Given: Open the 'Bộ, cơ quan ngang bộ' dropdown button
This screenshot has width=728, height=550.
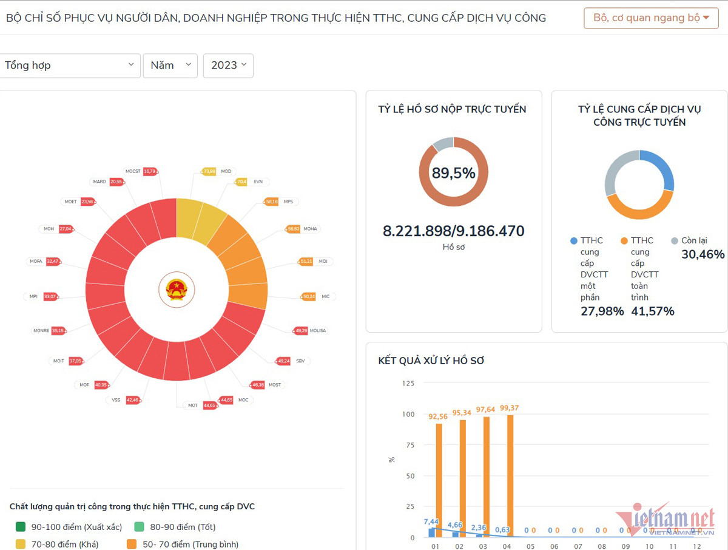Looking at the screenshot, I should [651, 18].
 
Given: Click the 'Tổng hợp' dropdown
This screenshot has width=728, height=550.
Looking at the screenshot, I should [70, 66].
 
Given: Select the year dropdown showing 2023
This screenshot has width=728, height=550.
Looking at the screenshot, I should [228, 66].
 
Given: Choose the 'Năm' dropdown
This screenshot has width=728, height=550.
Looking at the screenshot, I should [170, 66].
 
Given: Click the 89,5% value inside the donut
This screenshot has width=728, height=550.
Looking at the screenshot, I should [453, 173].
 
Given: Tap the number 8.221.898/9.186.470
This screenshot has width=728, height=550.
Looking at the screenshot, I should [453, 231].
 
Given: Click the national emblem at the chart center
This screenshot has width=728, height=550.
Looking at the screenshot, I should [177, 290].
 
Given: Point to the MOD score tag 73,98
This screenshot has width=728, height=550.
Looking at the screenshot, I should [209, 172].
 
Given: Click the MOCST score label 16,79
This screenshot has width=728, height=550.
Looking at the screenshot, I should [149, 172].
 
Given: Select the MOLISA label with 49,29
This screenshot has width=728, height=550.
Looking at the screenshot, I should [300, 331].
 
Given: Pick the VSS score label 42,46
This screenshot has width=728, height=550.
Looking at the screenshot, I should [133, 400].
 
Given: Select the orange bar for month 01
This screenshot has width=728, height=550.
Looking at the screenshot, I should [439, 480].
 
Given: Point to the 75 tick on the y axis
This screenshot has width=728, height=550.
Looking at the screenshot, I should [409, 445].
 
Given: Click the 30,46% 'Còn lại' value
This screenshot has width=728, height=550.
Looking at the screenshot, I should [703, 254].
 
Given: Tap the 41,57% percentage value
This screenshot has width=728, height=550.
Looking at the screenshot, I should [652, 311].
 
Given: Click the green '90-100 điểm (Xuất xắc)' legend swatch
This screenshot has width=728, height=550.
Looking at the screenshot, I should [21, 527].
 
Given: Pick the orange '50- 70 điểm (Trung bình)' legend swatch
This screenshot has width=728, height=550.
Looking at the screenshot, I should [132, 545].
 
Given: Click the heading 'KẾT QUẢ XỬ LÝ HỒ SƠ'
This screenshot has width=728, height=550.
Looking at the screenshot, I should [431, 361].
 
